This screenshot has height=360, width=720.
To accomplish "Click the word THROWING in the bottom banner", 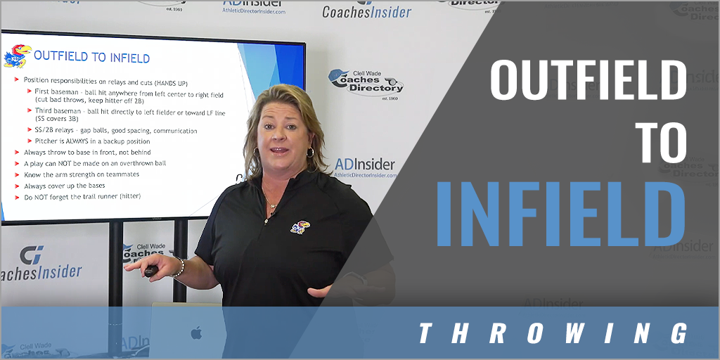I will click(553, 333).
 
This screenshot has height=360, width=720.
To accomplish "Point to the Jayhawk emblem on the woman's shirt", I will click(300, 227).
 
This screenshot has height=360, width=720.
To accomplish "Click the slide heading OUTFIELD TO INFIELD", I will click(91, 57).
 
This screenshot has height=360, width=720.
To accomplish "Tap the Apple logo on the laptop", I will click(196, 332).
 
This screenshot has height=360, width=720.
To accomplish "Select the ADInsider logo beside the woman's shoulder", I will click(364, 167).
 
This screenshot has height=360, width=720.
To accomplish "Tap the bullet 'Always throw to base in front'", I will click(87, 152).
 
